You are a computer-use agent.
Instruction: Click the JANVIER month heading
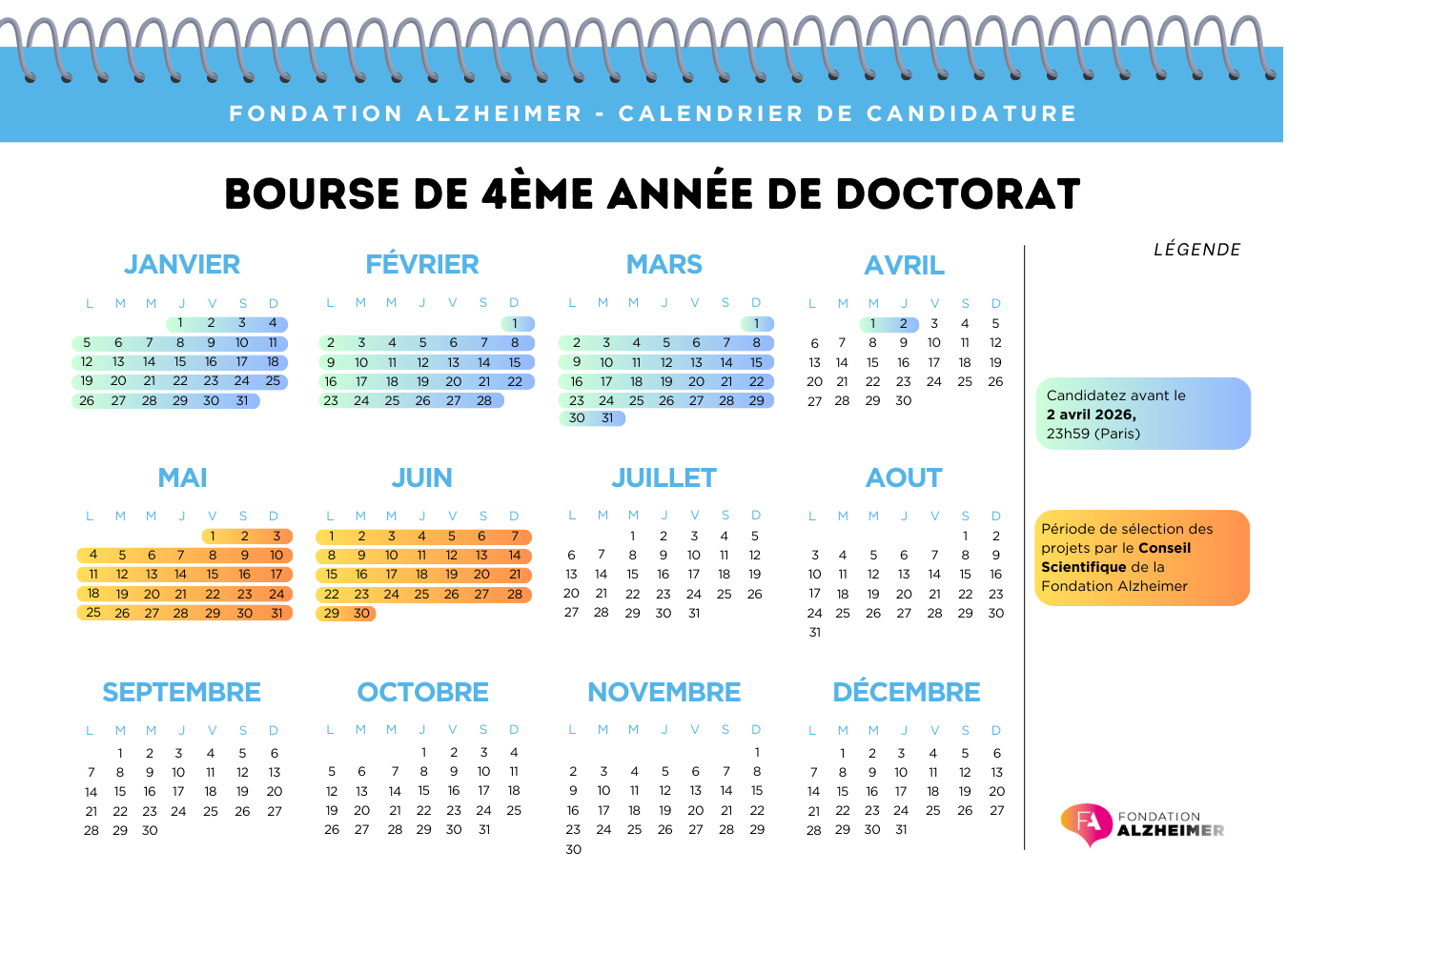tap(182, 264)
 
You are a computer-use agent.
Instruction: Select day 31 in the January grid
tap(242, 401)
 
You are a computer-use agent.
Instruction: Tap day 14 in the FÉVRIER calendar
tap(484, 362)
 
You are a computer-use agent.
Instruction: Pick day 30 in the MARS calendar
tap(577, 418)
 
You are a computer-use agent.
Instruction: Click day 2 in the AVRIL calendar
tap(904, 324)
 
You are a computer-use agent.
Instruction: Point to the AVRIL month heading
tap(904, 265)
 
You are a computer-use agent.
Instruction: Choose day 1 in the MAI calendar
tap(213, 537)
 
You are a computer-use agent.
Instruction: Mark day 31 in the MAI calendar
tap(276, 613)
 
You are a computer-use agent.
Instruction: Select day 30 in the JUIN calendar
tap(361, 614)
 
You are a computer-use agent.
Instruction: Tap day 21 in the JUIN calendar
tap(515, 575)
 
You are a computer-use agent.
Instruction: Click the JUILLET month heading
tap(664, 477)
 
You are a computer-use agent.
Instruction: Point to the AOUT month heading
tap(904, 477)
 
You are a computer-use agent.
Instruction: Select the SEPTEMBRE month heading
tap(181, 692)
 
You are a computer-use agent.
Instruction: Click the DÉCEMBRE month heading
tap(907, 692)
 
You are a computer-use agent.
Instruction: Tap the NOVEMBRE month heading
tap(664, 692)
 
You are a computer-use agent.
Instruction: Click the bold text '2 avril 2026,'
tap(1092, 415)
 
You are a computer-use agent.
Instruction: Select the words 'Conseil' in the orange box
tap(1164, 548)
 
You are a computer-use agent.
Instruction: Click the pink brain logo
tap(1087, 823)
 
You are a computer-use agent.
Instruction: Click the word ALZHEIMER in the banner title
tap(500, 113)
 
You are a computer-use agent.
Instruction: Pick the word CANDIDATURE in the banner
tap(971, 113)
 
